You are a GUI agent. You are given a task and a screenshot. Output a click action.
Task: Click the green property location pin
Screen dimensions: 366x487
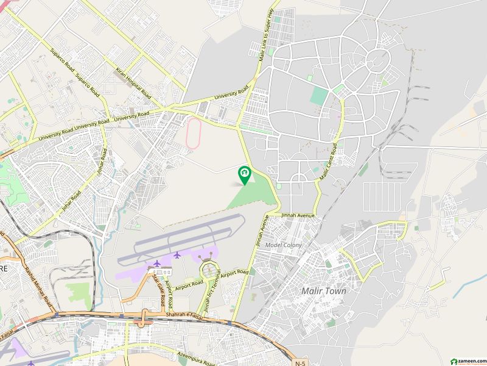pyautogui.click(x=245, y=175)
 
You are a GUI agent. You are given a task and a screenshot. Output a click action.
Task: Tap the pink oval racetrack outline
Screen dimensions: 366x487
pyautogui.click(x=194, y=133)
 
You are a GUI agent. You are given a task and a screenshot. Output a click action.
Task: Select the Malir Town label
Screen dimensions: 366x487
pyautogui.click(x=324, y=291)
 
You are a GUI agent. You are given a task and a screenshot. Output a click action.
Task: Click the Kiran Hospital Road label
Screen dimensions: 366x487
pyautogui.click(x=133, y=84)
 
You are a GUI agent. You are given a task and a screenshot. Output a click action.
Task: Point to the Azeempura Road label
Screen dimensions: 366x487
pyautogui.click(x=193, y=358)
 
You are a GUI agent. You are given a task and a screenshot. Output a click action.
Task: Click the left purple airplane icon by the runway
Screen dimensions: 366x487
pyautogui.click(x=156, y=263)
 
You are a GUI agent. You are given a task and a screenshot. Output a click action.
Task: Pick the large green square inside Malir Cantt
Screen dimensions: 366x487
pyautogui.click(x=318, y=96)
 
